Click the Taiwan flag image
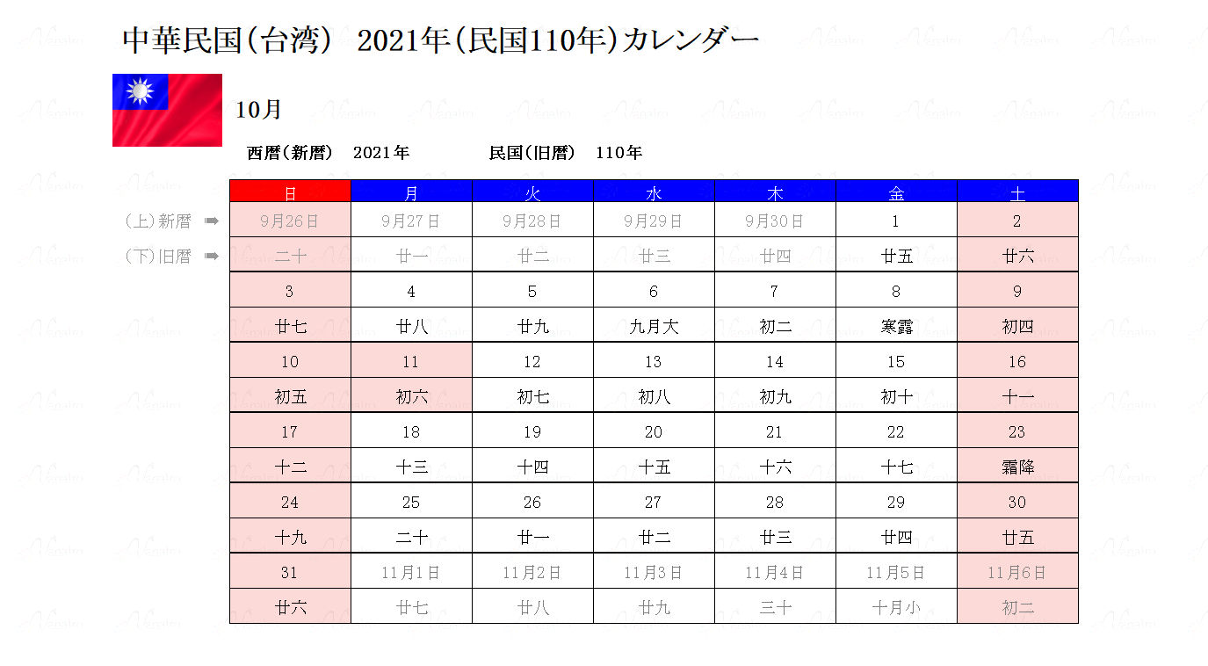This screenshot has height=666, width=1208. coord(167,110)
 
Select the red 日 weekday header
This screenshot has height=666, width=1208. coord(290,192)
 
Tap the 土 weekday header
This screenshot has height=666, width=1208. coord(1017,192)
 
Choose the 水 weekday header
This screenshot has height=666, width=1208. coord(654,192)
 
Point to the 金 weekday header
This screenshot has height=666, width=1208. coord(896,192)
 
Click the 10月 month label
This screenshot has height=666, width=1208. coord(259,111)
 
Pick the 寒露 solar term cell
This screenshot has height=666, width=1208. coord(896,326)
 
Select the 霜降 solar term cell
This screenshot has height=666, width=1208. coord(1017,467)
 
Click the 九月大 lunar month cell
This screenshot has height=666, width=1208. coord(654,326)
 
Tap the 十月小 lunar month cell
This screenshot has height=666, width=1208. coord(896,607)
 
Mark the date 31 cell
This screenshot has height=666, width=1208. coord(290,572)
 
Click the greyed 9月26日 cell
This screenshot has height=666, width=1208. coord(290,221)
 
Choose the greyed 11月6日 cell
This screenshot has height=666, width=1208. coord(1017,572)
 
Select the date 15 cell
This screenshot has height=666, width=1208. coord(896,361)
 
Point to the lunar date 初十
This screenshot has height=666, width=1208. coord(896,396)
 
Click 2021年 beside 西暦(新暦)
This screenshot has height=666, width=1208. coord(381,153)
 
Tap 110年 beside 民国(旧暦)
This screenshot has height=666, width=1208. coord(618,153)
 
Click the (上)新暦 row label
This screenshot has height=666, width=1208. coord(158,221)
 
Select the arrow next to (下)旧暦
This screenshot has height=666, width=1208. coord(211,257)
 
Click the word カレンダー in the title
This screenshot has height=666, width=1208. coord(691,40)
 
